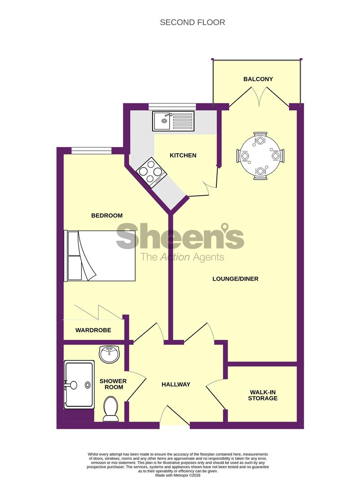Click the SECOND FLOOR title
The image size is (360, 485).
click(x=193, y=22)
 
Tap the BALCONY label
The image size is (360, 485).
click(x=258, y=79)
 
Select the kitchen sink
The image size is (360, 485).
click(x=173, y=121)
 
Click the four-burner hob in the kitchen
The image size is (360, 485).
click(x=151, y=172)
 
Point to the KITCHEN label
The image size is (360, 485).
click(x=183, y=155)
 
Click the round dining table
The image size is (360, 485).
click(x=260, y=155)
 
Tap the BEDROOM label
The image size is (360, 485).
click(x=107, y=216)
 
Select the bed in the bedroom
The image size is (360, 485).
click(x=101, y=256)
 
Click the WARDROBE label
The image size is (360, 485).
click(x=93, y=330)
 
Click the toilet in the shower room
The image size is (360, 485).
click(x=110, y=409)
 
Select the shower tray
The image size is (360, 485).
click(x=79, y=384)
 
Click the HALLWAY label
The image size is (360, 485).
click(x=176, y=384)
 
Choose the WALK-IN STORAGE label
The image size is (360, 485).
click(x=263, y=395)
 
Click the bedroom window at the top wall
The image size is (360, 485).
click(x=91, y=150)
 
